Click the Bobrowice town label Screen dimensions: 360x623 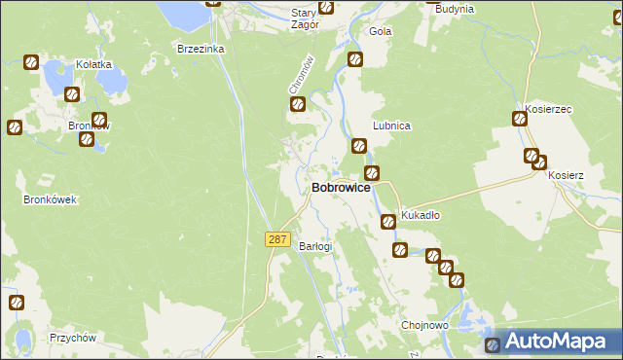(x=340, y=188)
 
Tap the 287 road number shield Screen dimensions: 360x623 (x=276, y=238)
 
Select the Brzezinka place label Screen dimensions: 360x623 (x=201, y=48)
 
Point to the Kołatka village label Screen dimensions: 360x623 (x=94, y=65)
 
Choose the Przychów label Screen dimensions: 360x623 (x=72, y=339)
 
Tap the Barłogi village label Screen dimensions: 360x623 (x=315, y=246)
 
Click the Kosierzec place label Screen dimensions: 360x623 (x=546, y=108)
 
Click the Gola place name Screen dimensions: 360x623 (x=380, y=31)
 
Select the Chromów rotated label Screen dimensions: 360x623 (x=301, y=75)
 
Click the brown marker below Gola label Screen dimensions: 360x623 (x=355, y=59)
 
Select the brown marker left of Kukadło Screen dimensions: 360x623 (x=387, y=221)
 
